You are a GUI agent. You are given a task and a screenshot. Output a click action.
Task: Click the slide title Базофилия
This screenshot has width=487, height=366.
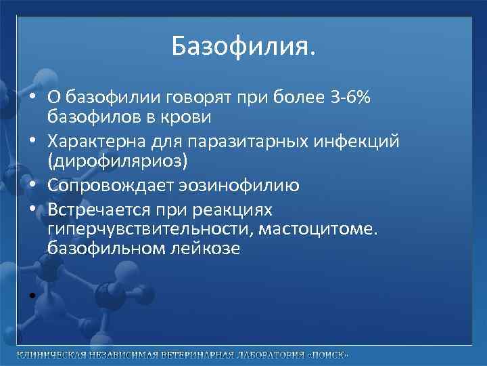coord(243,47)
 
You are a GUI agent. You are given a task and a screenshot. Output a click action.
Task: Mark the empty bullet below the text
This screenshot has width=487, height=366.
coord(32,295)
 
